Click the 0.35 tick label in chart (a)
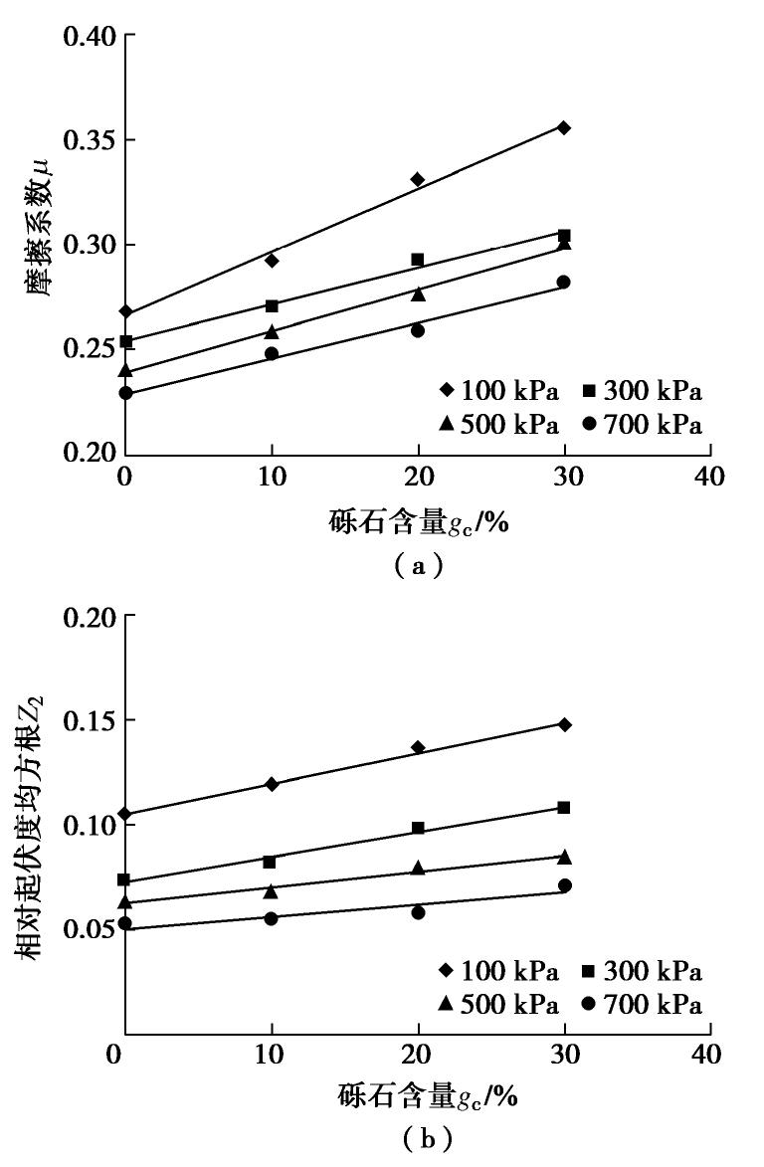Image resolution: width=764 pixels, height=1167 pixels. click(x=90, y=140)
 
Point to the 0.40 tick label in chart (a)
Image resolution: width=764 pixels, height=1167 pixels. click(x=90, y=37)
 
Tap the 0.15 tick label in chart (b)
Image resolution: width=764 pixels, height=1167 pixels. click(x=90, y=720)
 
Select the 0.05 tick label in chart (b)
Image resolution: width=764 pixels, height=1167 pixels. click(x=90, y=929)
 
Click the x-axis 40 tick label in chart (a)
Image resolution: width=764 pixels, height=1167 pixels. click(x=709, y=476)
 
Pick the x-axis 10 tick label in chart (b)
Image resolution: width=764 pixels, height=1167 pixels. click(x=272, y=1054)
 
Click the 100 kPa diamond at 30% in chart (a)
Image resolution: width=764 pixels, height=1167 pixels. click(x=564, y=127)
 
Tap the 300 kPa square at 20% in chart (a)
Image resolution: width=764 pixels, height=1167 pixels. click(x=418, y=260)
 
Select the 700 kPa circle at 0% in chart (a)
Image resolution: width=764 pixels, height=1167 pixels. click(x=125, y=393)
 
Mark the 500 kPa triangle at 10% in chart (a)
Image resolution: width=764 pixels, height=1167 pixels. click(x=272, y=331)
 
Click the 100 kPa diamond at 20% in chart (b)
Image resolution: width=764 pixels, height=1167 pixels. click(x=418, y=747)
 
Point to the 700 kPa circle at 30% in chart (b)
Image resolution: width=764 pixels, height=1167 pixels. click(x=564, y=885)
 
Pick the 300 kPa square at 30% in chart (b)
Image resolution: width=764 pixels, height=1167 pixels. click(x=564, y=807)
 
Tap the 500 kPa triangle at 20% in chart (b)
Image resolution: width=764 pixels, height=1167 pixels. click(x=418, y=868)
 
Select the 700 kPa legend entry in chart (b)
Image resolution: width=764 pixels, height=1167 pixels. click(x=643, y=1006)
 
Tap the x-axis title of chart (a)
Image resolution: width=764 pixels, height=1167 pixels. click(x=418, y=521)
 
